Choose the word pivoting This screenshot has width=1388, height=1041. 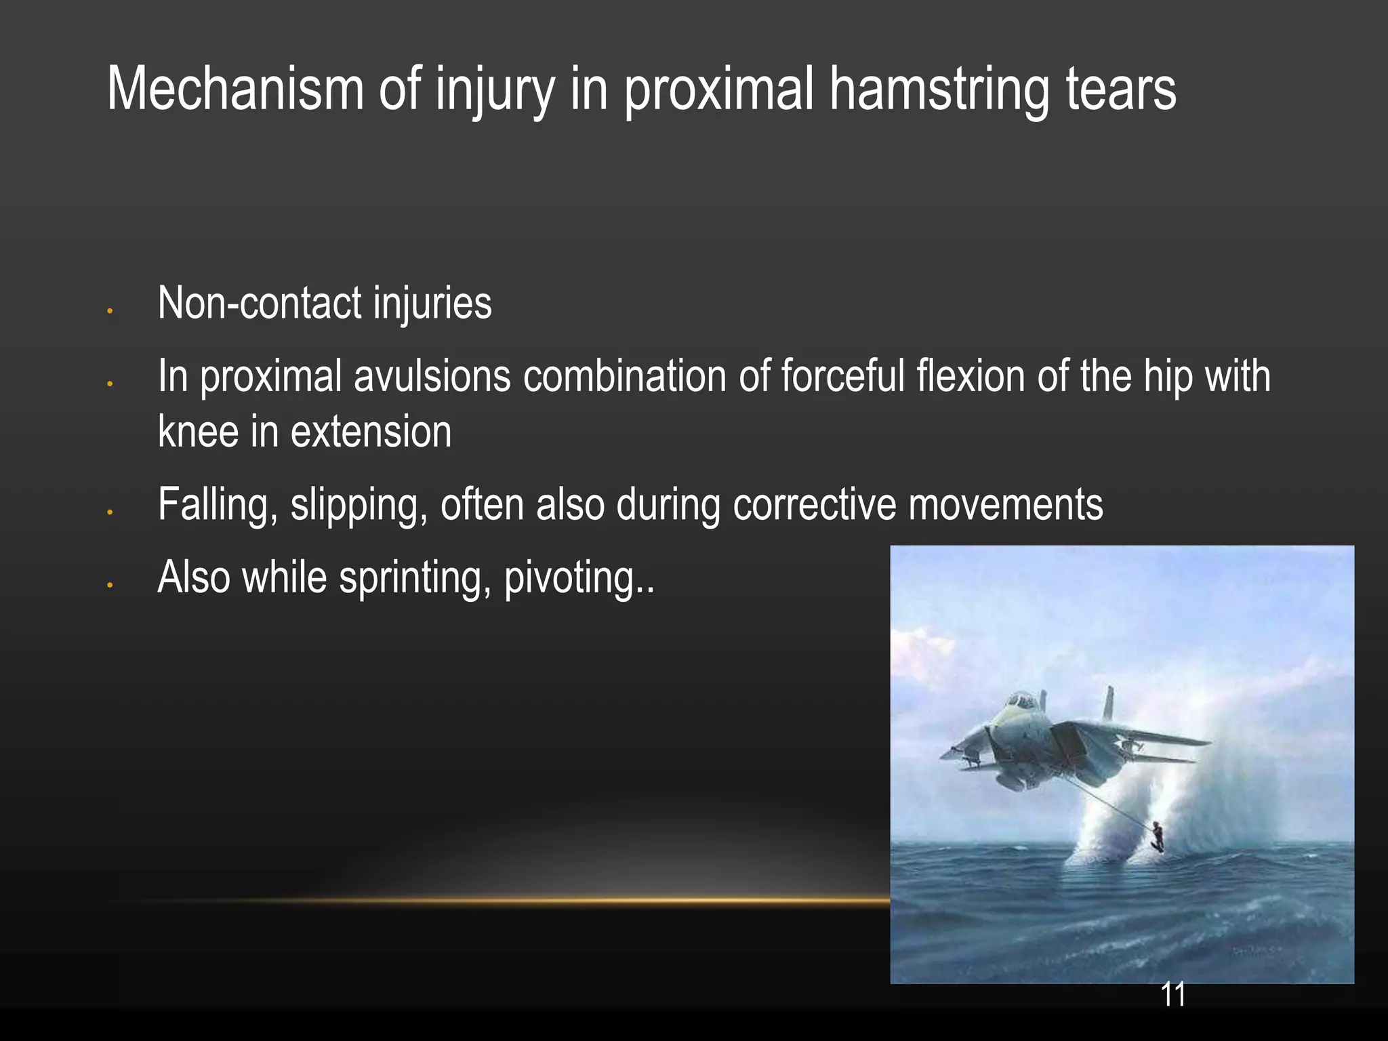(x=578, y=578)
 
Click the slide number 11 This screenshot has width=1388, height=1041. (x=1173, y=994)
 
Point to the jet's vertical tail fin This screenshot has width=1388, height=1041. (x=1109, y=705)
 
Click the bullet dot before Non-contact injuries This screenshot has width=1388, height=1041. (x=109, y=311)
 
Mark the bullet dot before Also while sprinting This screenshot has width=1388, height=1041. (x=109, y=585)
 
